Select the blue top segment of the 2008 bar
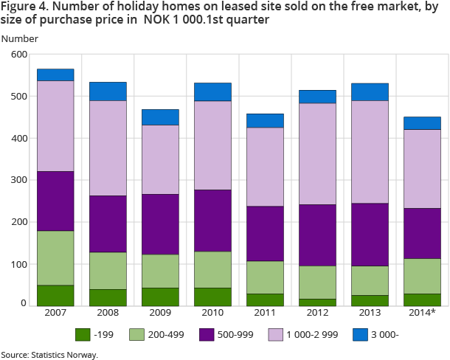pyautogui.click(x=108, y=91)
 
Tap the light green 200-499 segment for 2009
pyautogui.click(x=160, y=271)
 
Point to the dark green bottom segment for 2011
pyautogui.click(x=265, y=300)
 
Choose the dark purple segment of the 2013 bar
pyautogui.click(x=370, y=235)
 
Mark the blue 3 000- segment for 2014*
pyautogui.click(x=422, y=123)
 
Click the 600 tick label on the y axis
pyautogui.click(x=19, y=55)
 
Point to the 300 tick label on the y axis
pyautogui.click(x=19, y=180)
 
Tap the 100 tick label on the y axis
pyautogui.click(x=19, y=263)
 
